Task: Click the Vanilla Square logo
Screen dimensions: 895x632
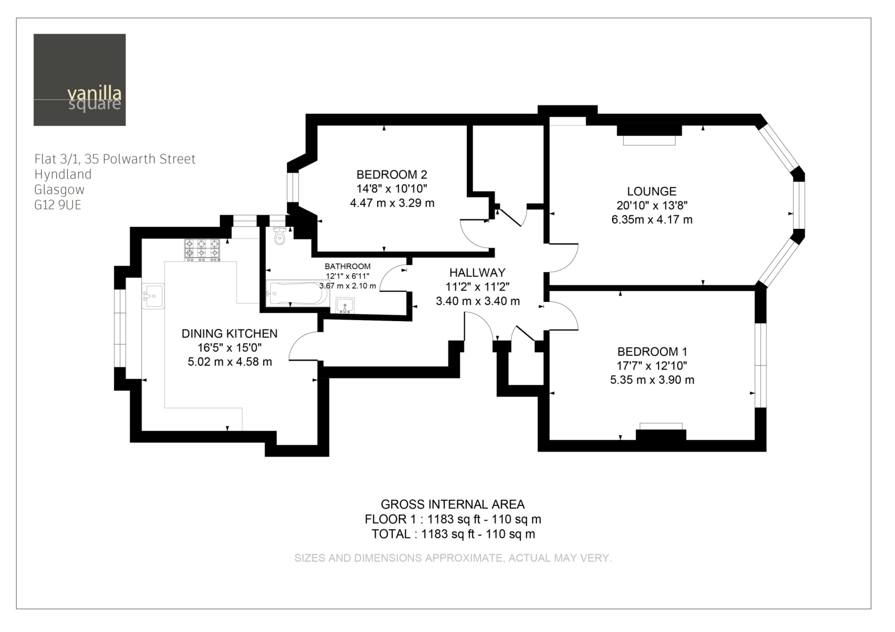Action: (x=79, y=80)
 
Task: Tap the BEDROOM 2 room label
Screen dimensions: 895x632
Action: (x=392, y=175)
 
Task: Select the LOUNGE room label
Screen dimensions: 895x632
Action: (x=652, y=191)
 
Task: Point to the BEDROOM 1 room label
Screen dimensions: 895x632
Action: (x=652, y=352)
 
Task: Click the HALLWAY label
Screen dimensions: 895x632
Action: (x=477, y=273)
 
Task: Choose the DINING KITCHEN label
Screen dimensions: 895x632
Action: (x=229, y=333)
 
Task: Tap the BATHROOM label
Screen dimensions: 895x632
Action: (x=347, y=266)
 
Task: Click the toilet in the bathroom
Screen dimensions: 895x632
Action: (x=280, y=235)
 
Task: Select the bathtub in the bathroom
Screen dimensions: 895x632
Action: (x=298, y=293)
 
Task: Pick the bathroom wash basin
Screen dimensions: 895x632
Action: (x=345, y=306)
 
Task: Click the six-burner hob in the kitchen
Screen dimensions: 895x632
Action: (x=202, y=250)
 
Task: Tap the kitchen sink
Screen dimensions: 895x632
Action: (x=153, y=296)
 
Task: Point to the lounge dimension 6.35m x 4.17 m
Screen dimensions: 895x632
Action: (x=652, y=219)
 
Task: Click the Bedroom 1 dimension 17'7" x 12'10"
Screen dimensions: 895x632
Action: (x=652, y=366)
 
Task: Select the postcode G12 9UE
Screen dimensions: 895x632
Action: (x=58, y=205)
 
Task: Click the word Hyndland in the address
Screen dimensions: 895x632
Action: (x=63, y=175)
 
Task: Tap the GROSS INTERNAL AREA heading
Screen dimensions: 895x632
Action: (x=453, y=505)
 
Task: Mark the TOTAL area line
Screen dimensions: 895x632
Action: (x=453, y=534)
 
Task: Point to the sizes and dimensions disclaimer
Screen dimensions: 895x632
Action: (x=453, y=558)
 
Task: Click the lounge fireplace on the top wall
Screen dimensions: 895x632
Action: (x=649, y=135)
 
